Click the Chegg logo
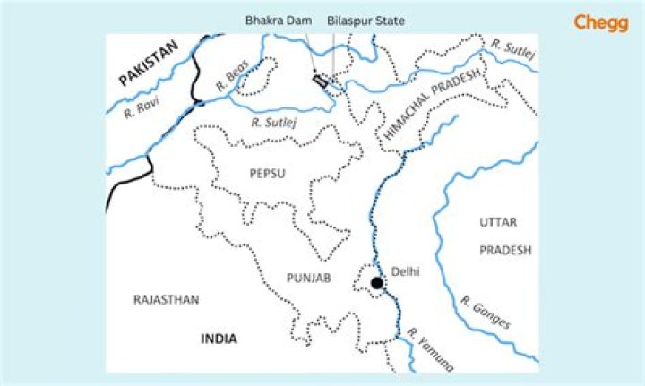601,22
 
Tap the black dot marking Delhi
377,284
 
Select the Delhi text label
406,271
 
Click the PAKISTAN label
149,68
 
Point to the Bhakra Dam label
273,19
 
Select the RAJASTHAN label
166,299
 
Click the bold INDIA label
219,339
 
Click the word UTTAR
498,222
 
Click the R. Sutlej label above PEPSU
272,122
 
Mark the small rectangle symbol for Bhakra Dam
318,81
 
